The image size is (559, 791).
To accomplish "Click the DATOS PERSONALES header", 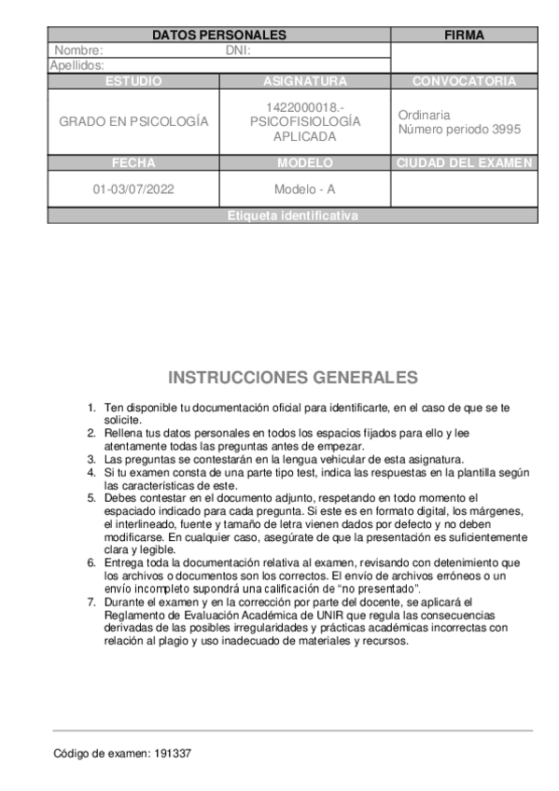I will click(218, 35).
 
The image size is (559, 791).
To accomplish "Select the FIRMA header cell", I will click(464, 35).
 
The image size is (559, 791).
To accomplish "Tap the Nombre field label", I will click(78, 50).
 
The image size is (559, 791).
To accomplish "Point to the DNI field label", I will click(239, 50).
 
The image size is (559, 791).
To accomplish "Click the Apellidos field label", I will click(77, 65).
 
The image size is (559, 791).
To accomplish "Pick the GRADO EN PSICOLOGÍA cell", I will click(133, 122).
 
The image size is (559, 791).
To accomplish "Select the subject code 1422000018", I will click(304, 107).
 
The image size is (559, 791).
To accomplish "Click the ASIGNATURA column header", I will click(304, 81).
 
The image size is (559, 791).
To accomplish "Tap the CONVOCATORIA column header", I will click(464, 81).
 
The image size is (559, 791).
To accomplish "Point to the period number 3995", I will click(505, 130).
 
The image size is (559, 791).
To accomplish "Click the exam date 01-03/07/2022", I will click(133, 189).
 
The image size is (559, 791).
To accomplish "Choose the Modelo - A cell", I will click(304, 189).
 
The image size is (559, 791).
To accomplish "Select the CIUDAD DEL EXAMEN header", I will click(464, 163).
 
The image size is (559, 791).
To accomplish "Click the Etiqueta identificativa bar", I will click(293, 215).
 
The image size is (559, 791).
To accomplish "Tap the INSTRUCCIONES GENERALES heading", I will click(293, 378).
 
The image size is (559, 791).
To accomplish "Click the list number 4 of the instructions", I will click(91, 473).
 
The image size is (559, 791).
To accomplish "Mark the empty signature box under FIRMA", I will click(464, 58).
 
